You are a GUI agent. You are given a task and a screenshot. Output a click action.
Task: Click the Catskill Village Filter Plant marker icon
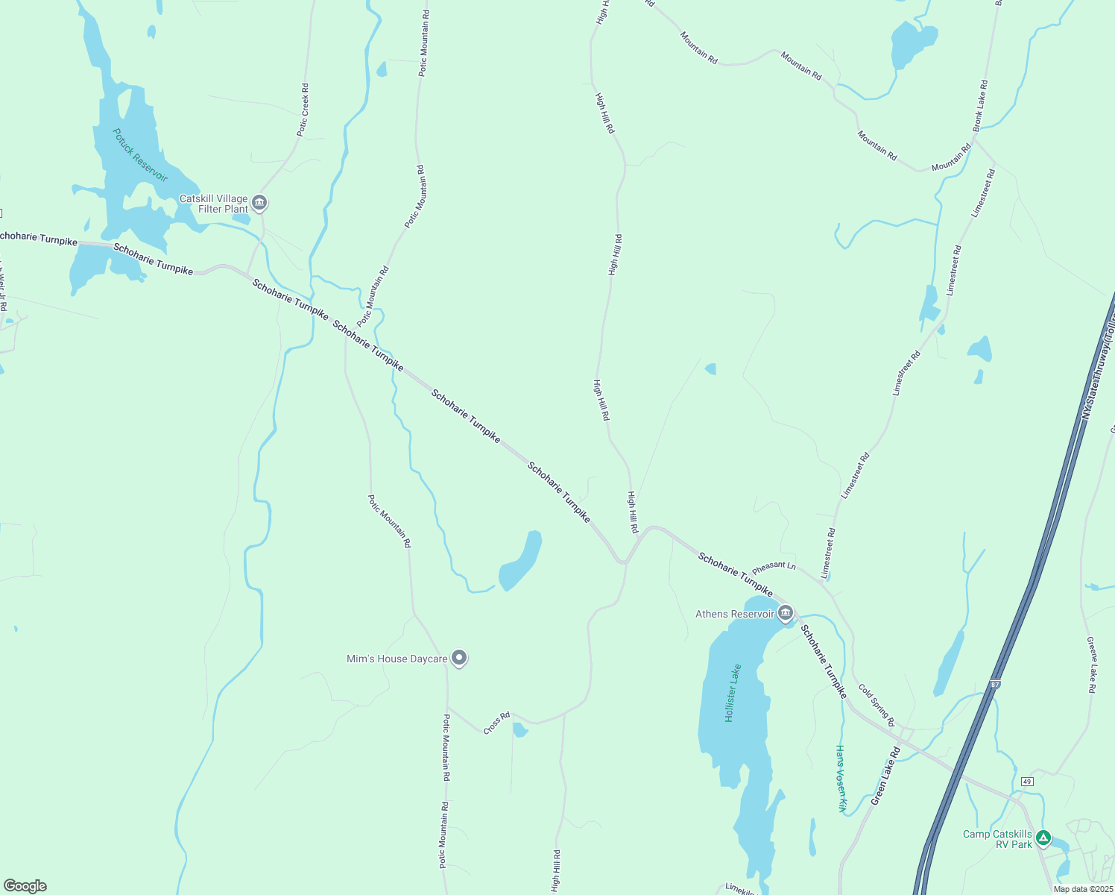tap(259, 202)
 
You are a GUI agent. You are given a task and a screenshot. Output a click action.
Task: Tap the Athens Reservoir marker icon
tap(785, 613)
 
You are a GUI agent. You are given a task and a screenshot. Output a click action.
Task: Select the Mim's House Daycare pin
tap(459, 657)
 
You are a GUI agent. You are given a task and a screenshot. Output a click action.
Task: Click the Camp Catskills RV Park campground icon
tap(1044, 838)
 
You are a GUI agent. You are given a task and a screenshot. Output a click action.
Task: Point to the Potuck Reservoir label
tap(139, 155)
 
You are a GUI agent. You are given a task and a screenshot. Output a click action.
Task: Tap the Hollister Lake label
tap(733, 692)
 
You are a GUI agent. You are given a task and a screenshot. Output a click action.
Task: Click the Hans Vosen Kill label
tap(841, 778)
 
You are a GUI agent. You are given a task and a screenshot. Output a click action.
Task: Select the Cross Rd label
tap(496, 723)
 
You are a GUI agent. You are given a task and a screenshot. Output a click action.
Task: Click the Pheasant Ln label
tap(774, 568)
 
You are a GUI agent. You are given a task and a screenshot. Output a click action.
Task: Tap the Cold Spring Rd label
tap(876, 705)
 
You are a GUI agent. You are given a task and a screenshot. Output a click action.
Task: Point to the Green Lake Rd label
tap(886, 776)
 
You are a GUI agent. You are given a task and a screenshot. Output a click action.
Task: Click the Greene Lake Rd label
tap(1092, 665)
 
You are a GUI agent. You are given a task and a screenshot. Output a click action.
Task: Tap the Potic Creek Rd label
tap(303, 110)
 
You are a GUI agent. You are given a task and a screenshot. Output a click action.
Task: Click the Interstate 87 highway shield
tap(995, 684)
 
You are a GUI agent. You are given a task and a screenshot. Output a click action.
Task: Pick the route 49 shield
tap(1027, 781)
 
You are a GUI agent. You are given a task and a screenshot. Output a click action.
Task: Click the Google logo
tap(25, 886)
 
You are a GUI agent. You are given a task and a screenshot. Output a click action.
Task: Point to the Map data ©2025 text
tap(1082, 889)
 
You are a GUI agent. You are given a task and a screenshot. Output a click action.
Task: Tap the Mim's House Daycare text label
tap(397, 659)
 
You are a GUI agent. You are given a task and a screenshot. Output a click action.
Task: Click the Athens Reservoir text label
tap(735, 614)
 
